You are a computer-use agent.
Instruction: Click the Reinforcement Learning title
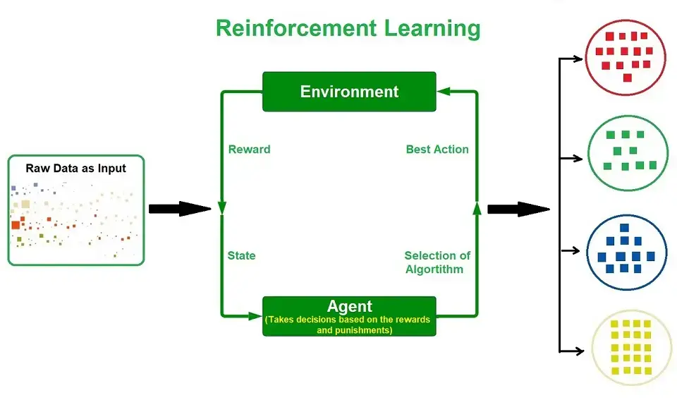click(348, 28)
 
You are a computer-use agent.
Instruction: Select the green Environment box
click(349, 92)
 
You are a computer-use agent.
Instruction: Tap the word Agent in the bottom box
click(349, 306)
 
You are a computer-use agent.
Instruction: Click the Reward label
click(249, 149)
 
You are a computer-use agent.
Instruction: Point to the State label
click(241, 255)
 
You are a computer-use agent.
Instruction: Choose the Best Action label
click(437, 149)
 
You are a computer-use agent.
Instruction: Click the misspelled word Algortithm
click(434, 269)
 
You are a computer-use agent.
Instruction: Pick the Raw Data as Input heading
click(75, 168)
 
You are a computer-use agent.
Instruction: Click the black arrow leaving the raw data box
click(180, 209)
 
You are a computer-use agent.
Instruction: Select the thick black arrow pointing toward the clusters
click(518, 209)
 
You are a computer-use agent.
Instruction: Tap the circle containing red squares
click(626, 57)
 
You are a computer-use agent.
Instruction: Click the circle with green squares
click(628, 153)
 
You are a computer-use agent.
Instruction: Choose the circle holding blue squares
click(626, 253)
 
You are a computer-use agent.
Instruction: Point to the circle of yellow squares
click(632, 348)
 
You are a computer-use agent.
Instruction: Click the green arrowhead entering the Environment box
click(444, 91)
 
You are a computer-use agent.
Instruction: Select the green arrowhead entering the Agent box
click(255, 316)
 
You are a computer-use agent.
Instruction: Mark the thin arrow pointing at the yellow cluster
click(572, 351)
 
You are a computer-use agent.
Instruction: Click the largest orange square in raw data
click(16, 224)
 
